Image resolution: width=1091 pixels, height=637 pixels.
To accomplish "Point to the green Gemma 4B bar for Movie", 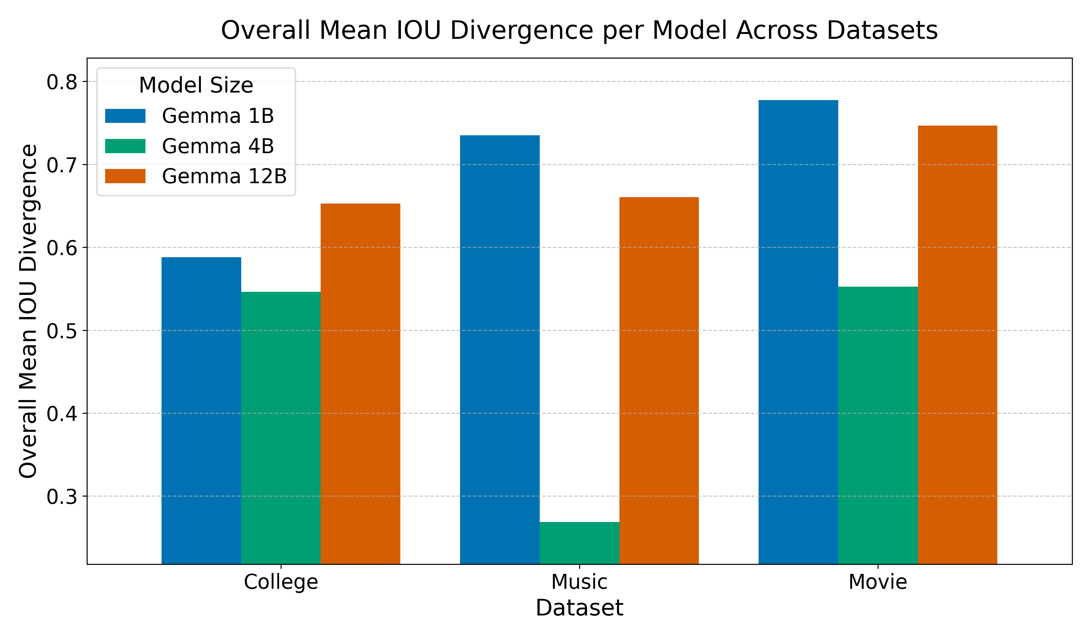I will tap(878, 425).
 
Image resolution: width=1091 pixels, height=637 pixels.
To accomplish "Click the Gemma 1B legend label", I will tap(218, 116).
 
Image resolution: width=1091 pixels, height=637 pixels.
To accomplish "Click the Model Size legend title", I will tap(196, 85).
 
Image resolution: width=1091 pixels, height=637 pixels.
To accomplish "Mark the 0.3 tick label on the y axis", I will tap(62, 497).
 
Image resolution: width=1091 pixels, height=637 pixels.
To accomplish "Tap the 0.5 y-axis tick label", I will tap(62, 331).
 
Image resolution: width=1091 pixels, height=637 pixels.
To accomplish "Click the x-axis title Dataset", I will tap(579, 608).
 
